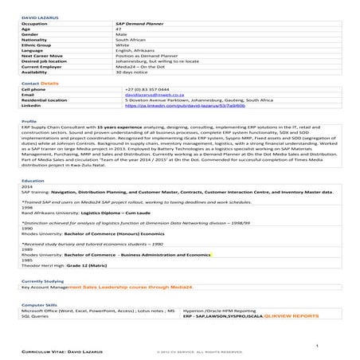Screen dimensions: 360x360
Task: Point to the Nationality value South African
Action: click(132, 45)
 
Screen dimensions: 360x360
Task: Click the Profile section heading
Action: click(29, 121)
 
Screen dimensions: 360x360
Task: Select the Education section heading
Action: click(33, 181)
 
